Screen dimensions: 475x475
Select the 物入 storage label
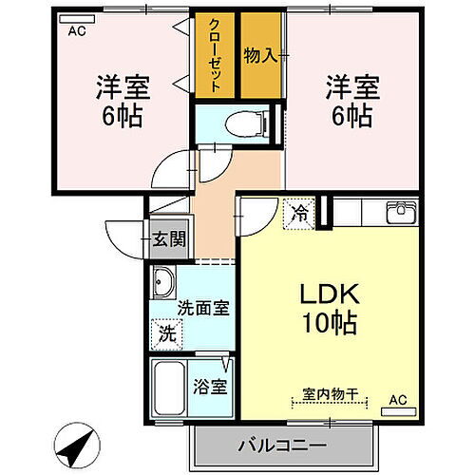tap(259, 54)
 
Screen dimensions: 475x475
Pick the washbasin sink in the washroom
tap(163, 282)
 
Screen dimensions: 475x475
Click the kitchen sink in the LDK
tap(398, 211)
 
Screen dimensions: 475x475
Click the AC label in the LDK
tap(399, 401)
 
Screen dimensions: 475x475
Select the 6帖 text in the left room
tap(122, 118)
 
